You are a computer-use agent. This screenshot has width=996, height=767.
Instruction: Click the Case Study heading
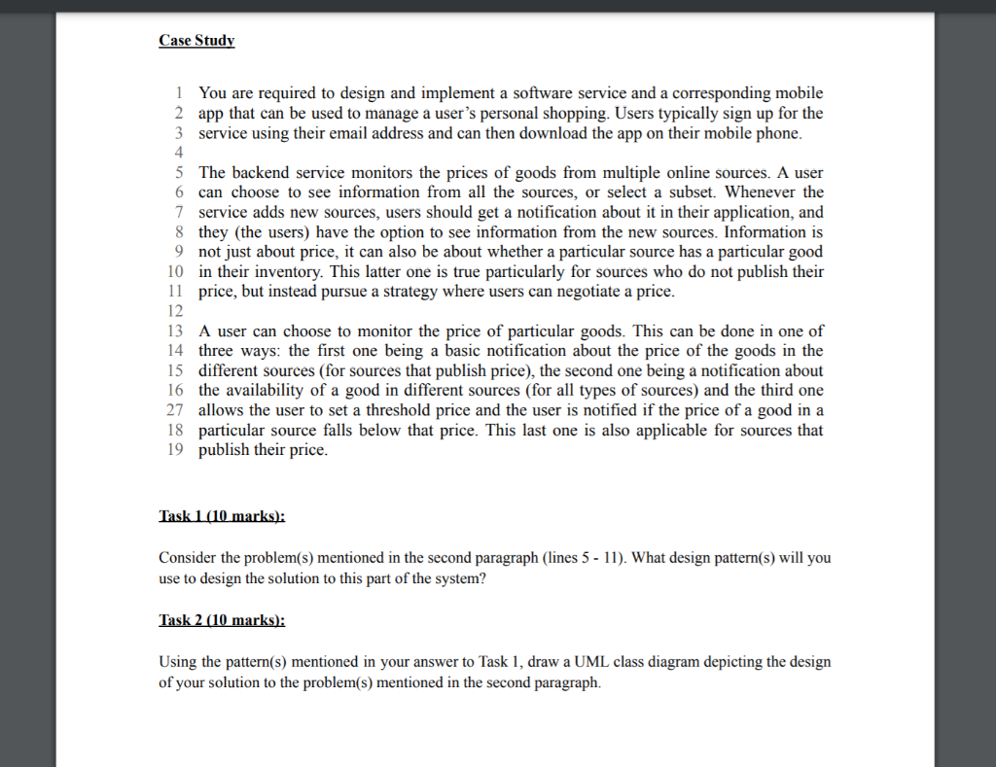tap(196, 41)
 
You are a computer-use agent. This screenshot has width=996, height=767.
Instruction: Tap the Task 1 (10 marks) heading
tap(221, 516)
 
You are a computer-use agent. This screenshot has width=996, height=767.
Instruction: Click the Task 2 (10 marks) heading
tap(222, 619)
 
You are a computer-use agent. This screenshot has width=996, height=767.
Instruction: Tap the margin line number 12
tap(175, 311)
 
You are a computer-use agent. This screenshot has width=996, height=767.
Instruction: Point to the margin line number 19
tap(175, 450)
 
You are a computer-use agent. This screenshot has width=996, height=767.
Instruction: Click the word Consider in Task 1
tap(189, 559)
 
